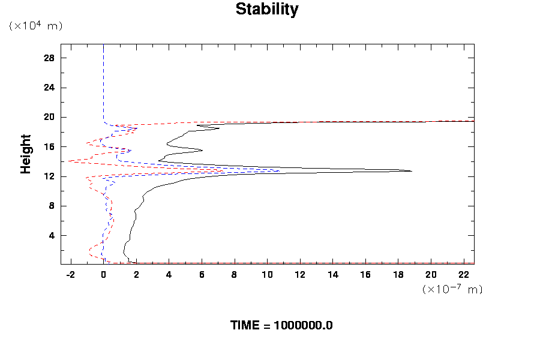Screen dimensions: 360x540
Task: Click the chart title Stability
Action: (266, 10)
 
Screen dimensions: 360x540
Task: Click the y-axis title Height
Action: (26, 154)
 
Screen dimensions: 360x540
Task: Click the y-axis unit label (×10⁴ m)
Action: (35, 26)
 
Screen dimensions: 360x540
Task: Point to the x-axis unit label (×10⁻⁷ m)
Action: (452, 289)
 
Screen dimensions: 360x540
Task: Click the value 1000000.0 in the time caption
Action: (303, 326)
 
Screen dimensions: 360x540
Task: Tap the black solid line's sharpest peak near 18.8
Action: (412, 171)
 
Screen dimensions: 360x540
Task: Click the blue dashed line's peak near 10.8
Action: (280, 170)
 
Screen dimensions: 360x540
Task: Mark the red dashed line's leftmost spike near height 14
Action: (69, 161)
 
